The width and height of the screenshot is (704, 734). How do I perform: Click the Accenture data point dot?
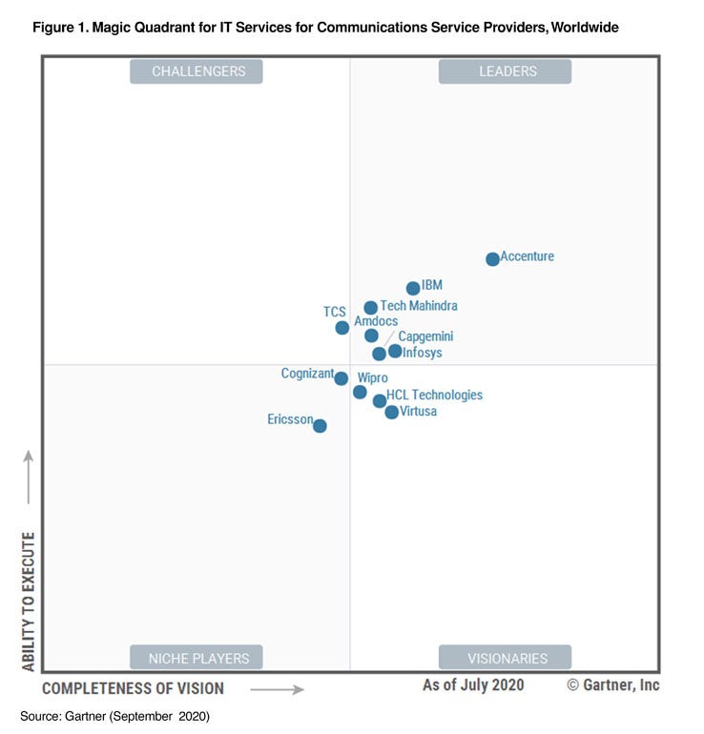pos(492,258)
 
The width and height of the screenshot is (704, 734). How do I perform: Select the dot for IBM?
pos(413,288)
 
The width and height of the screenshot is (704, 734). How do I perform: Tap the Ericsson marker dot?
pos(320,426)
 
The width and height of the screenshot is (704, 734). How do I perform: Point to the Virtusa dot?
pos(391,412)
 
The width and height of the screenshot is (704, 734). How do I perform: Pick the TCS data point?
pos(342,328)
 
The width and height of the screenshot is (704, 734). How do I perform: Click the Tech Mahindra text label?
pos(419,306)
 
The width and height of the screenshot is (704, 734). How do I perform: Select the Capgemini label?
pos(425,336)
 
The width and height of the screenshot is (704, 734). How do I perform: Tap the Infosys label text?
pos(422,353)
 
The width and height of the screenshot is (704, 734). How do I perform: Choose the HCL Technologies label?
pos(434,395)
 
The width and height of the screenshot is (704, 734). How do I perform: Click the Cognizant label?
pos(307,374)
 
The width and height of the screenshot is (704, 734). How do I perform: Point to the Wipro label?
pos(372,378)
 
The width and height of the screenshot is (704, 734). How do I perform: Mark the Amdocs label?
pos(376,321)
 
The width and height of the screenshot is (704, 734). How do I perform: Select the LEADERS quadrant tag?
pos(505,71)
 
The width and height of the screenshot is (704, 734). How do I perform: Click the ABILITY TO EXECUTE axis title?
pos(28,601)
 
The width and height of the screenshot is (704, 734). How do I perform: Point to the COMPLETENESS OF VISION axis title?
pos(133,688)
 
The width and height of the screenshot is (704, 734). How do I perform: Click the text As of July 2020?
pos(473,685)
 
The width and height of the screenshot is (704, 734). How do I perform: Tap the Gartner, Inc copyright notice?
pos(612,685)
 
